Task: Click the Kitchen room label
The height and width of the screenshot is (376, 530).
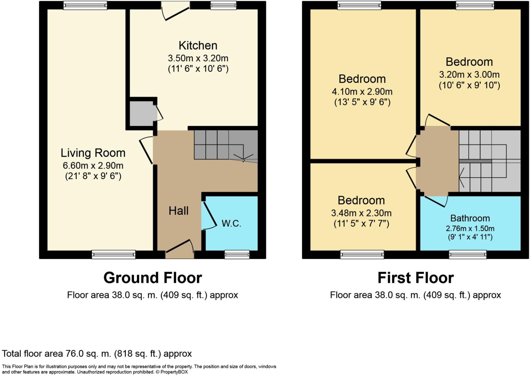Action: click(198, 46)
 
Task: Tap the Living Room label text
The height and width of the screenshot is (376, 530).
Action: click(93, 153)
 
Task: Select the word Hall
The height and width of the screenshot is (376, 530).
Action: click(179, 211)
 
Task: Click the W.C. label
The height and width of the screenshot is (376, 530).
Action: click(231, 223)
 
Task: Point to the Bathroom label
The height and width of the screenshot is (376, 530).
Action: click(470, 218)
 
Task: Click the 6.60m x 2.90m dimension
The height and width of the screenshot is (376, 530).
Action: click(93, 166)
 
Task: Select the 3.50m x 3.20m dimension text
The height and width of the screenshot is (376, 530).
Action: click(198, 58)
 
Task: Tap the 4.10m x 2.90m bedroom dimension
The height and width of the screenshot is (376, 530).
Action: click(362, 92)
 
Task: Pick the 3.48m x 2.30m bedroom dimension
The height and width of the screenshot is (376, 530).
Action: click(361, 213)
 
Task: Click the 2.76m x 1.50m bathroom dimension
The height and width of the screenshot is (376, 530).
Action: click(470, 229)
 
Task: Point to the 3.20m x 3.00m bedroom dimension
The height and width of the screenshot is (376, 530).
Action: click(469, 75)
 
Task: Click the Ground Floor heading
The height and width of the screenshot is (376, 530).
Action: click(153, 278)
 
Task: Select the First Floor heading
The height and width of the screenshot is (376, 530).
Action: click(416, 278)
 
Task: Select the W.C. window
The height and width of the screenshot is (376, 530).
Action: click(237, 255)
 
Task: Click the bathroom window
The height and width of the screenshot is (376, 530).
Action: click(468, 255)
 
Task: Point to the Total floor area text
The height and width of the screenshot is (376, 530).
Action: click(97, 354)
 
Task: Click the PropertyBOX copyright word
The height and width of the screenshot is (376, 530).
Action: click(174, 372)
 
